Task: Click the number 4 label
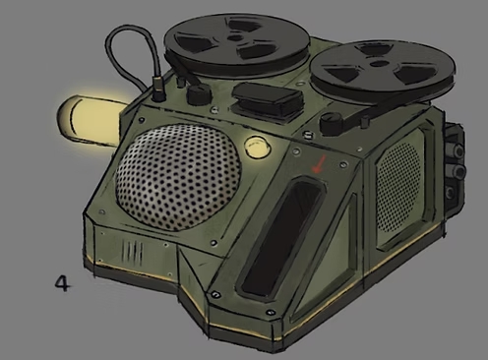(x=62, y=284)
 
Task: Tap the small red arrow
(x=319, y=164)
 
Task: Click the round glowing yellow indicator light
(x=258, y=147)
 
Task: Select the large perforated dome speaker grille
(x=179, y=177)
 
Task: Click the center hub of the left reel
(x=234, y=38)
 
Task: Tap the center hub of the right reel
(x=381, y=63)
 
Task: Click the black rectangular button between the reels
(x=268, y=98)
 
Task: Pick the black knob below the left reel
(x=199, y=93)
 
